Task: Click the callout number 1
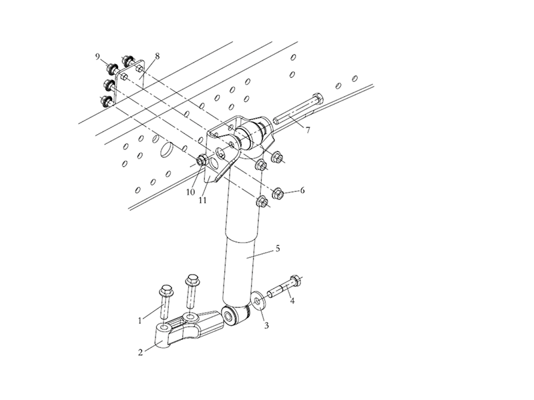point(140,321)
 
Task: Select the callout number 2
point(140,353)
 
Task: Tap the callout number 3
point(266,325)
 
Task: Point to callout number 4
point(292,301)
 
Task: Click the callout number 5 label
point(278,249)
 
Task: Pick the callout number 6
point(302,191)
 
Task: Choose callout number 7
point(308,130)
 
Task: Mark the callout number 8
point(157,56)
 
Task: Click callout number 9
point(97,57)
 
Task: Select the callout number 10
point(190,192)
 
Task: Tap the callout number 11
point(203,201)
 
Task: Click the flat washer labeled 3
point(257,301)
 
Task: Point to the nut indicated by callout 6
point(278,193)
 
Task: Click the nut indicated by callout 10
point(201,159)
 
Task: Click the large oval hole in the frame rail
point(168,149)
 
